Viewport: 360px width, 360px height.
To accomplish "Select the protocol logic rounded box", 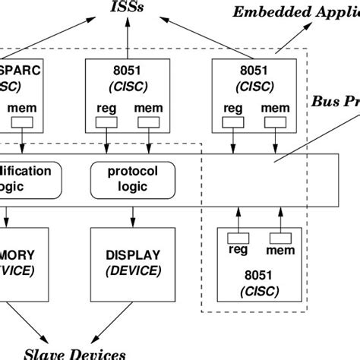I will click(126, 178).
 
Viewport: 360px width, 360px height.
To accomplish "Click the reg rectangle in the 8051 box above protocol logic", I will click(107, 120).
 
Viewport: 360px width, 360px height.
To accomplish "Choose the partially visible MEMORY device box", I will click(27, 261).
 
